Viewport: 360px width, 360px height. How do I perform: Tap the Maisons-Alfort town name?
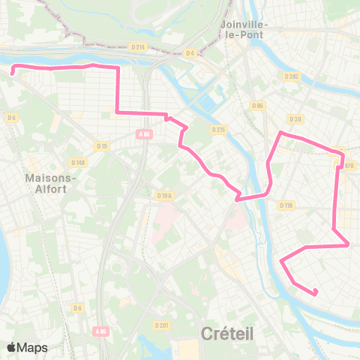46,184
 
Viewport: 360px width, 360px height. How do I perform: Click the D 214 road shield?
137,47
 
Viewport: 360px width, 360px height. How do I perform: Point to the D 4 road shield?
190,52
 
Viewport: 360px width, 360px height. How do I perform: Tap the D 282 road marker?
292,76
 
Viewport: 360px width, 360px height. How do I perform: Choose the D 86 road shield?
259,106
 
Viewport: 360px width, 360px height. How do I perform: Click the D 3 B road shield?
295,118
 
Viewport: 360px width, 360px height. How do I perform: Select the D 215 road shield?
218,130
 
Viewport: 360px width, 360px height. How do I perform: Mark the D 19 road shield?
102,146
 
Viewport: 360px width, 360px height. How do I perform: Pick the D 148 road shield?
78,162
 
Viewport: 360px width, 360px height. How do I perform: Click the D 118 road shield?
286,205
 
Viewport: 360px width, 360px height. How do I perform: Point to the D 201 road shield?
160,325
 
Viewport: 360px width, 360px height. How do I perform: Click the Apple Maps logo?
27,347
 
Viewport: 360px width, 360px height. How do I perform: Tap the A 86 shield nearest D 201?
101,331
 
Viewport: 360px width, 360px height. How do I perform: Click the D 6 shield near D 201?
77,307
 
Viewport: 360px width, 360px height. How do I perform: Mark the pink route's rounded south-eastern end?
316,292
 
